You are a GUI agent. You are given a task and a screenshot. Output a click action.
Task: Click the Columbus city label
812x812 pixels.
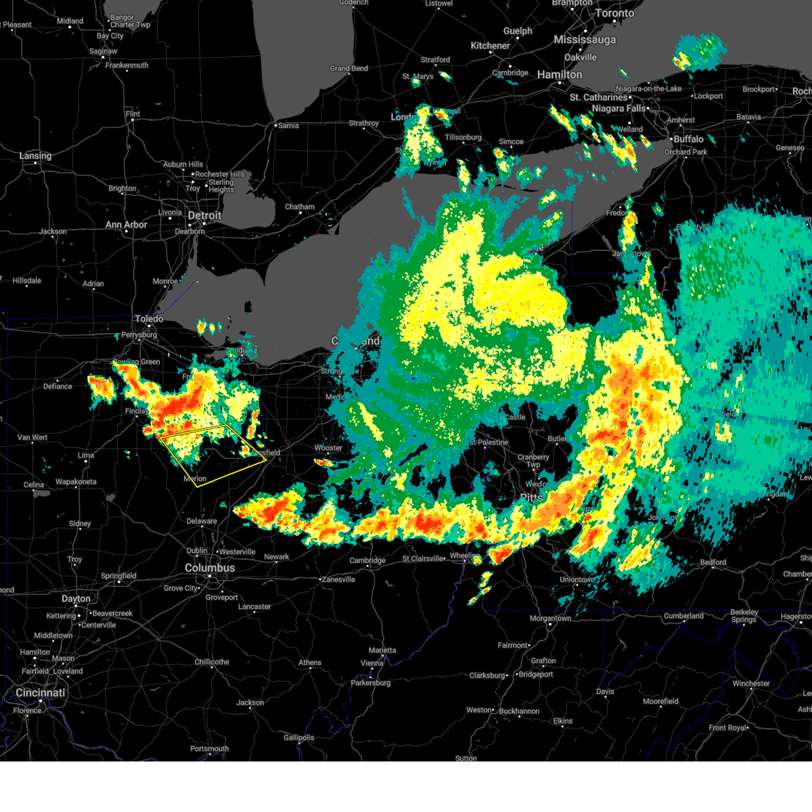point(210,568)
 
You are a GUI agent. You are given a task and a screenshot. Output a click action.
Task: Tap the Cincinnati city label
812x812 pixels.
point(41,693)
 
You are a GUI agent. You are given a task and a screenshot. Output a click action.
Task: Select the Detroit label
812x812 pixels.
point(204,215)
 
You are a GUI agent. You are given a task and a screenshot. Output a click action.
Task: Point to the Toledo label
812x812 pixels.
point(149,319)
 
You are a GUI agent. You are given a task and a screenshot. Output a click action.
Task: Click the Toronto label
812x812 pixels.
point(614,14)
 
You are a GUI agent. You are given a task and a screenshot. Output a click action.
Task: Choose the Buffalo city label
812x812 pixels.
point(688,139)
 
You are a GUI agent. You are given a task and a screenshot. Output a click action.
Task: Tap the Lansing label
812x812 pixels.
point(35,156)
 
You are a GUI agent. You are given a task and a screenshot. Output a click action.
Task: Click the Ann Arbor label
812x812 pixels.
point(126,225)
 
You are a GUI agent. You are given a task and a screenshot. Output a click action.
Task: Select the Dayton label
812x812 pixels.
point(76,599)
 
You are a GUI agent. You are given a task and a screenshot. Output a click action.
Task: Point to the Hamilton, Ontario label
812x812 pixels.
point(560,74)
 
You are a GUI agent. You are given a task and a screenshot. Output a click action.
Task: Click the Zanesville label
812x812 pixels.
point(338,579)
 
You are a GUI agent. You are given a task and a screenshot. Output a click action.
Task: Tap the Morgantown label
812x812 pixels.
point(550,618)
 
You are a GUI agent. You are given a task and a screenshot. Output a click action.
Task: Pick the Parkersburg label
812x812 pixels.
point(371,683)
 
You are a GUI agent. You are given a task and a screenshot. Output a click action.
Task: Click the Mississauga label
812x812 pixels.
point(585,40)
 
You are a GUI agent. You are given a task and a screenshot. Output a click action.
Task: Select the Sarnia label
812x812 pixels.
point(288,125)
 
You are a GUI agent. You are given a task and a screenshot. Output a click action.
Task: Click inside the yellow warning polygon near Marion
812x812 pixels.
point(217,457)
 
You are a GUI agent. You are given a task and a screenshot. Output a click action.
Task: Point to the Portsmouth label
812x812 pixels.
point(210,748)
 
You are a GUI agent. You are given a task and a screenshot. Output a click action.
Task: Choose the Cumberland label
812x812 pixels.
point(683,616)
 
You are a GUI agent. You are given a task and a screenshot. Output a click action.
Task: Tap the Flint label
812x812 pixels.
point(133,114)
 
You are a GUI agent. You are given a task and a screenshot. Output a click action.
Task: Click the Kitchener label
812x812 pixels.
point(491,46)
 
